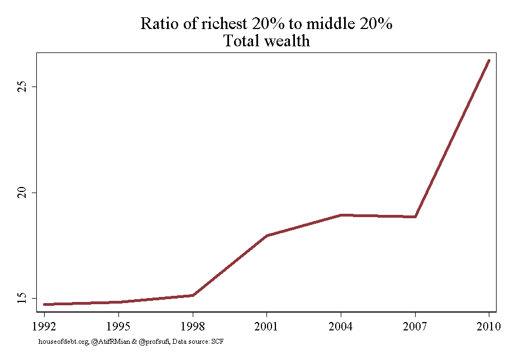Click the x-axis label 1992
pyautogui.click(x=44, y=326)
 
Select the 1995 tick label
pyautogui.click(x=118, y=326)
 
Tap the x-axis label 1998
pyautogui.click(x=193, y=326)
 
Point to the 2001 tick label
pyautogui.click(x=266, y=326)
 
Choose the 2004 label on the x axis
pyautogui.click(x=341, y=326)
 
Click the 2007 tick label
pyautogui.click(x=414, y=326)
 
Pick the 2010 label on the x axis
pyautogui.click(x=489, y=326)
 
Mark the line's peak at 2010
pyautogui.click(x=489, y=61)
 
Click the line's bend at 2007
pyautogui.click(x=415, y=217)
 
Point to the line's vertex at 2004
pyautogui.click(x=341, y=215)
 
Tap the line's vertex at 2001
pyautogui.click(x=266, y=236)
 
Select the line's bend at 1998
pyautogui.click(x=193, y=295)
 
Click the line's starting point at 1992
pyautogui.click(x=44, y=304)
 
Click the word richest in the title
pyautogui.click(x=224, y=23)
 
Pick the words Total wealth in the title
pyautogui.click(x=266, y=41)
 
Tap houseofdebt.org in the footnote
pyautogui.click(x=64, y=342)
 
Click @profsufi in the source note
pyautogui.click(x=154, y=342)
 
